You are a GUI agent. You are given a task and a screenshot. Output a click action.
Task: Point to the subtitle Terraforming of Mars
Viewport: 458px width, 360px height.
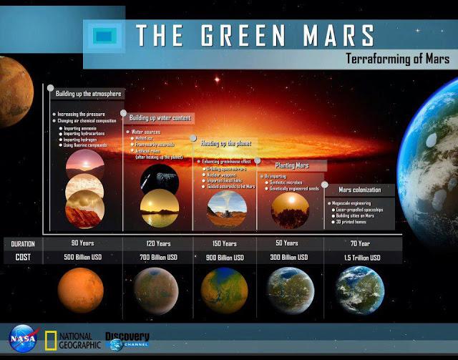click(397, 59)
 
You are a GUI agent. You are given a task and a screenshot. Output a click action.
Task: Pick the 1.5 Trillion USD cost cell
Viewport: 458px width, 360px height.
click(361, 258)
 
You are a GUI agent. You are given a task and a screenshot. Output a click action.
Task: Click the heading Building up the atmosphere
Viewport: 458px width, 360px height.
click(88, 94)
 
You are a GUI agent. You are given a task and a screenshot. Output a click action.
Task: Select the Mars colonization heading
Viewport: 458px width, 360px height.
click(359, 190)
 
